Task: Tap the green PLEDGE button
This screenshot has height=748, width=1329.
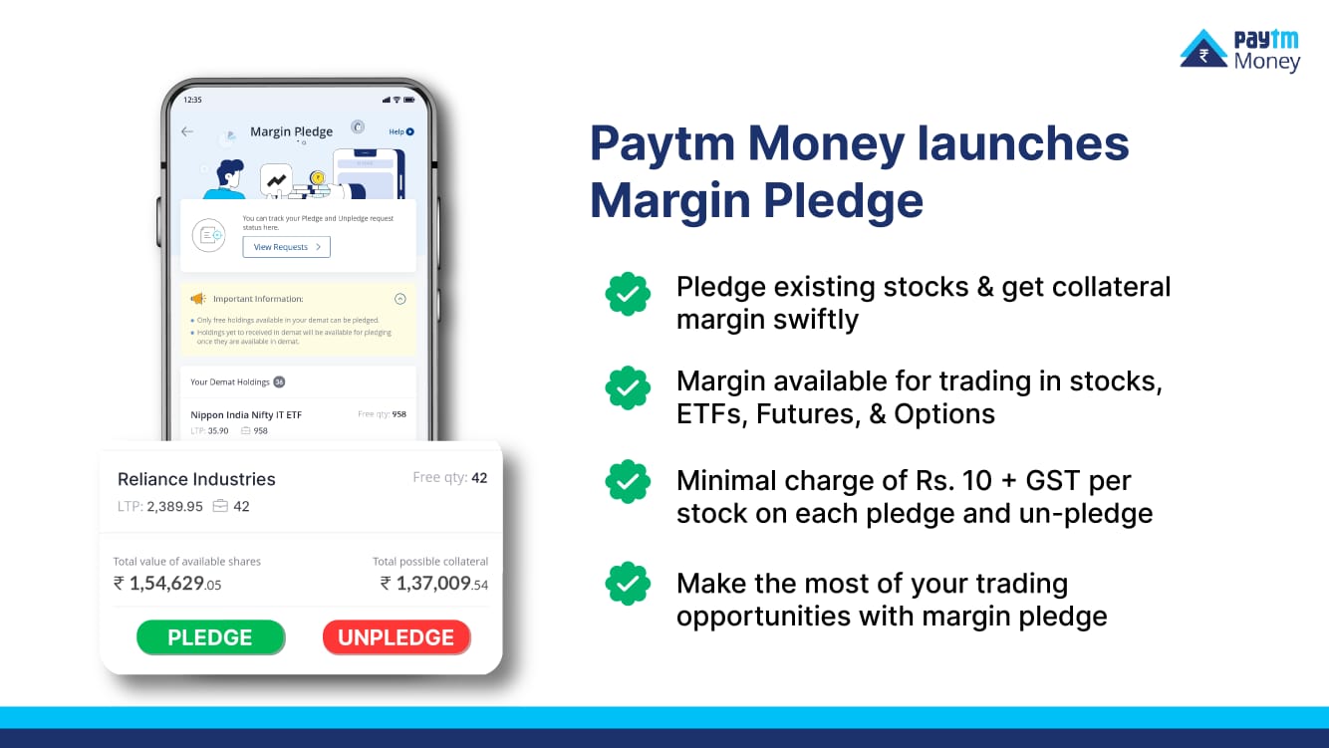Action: pyautogui.click(x=210, y=637)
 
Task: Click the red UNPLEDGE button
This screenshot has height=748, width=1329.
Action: pyautogui.click(x=396, y=637)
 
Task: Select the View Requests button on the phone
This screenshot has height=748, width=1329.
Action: pyautogui.click(x=286, y=247)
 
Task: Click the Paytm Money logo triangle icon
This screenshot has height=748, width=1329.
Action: pyautogui.click(x=1203, y=49)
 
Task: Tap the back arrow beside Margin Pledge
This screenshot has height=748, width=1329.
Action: pyautogui.click(x=187, y=131)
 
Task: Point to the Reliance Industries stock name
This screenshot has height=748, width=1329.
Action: pyautogui.click(x=196, y=479)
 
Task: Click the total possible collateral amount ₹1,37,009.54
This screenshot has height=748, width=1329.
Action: pyautogui.click(x=434, y=583)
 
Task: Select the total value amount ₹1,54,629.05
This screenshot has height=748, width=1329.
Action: pyautogui.click(x=167, y=583)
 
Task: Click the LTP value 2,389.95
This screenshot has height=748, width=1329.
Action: pyautogui.click(x=174, y=506)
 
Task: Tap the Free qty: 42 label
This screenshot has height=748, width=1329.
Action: pyautogui.click(x=449, y=478)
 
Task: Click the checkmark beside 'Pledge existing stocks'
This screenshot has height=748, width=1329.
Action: pyautogui.click(x=628, y=294)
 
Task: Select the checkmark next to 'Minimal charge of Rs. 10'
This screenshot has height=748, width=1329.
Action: pyautogui.click(x=628, y=483)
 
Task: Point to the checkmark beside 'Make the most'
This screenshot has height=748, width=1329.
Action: pyautogui.click(x=628, y=584)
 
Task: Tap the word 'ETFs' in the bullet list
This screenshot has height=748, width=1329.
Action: pyautogui.click(x=705, y=414)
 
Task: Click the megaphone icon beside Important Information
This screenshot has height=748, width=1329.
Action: pyautogui.click(x=197, y=299)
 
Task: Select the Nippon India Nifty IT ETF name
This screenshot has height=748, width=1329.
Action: pyautogui.click(x=246, y=414)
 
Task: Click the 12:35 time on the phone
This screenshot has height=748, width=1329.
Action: pyautogui.click(x=192, y=100)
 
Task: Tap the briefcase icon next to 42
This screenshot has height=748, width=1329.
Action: pyautogui.click(x=220, y=506)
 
